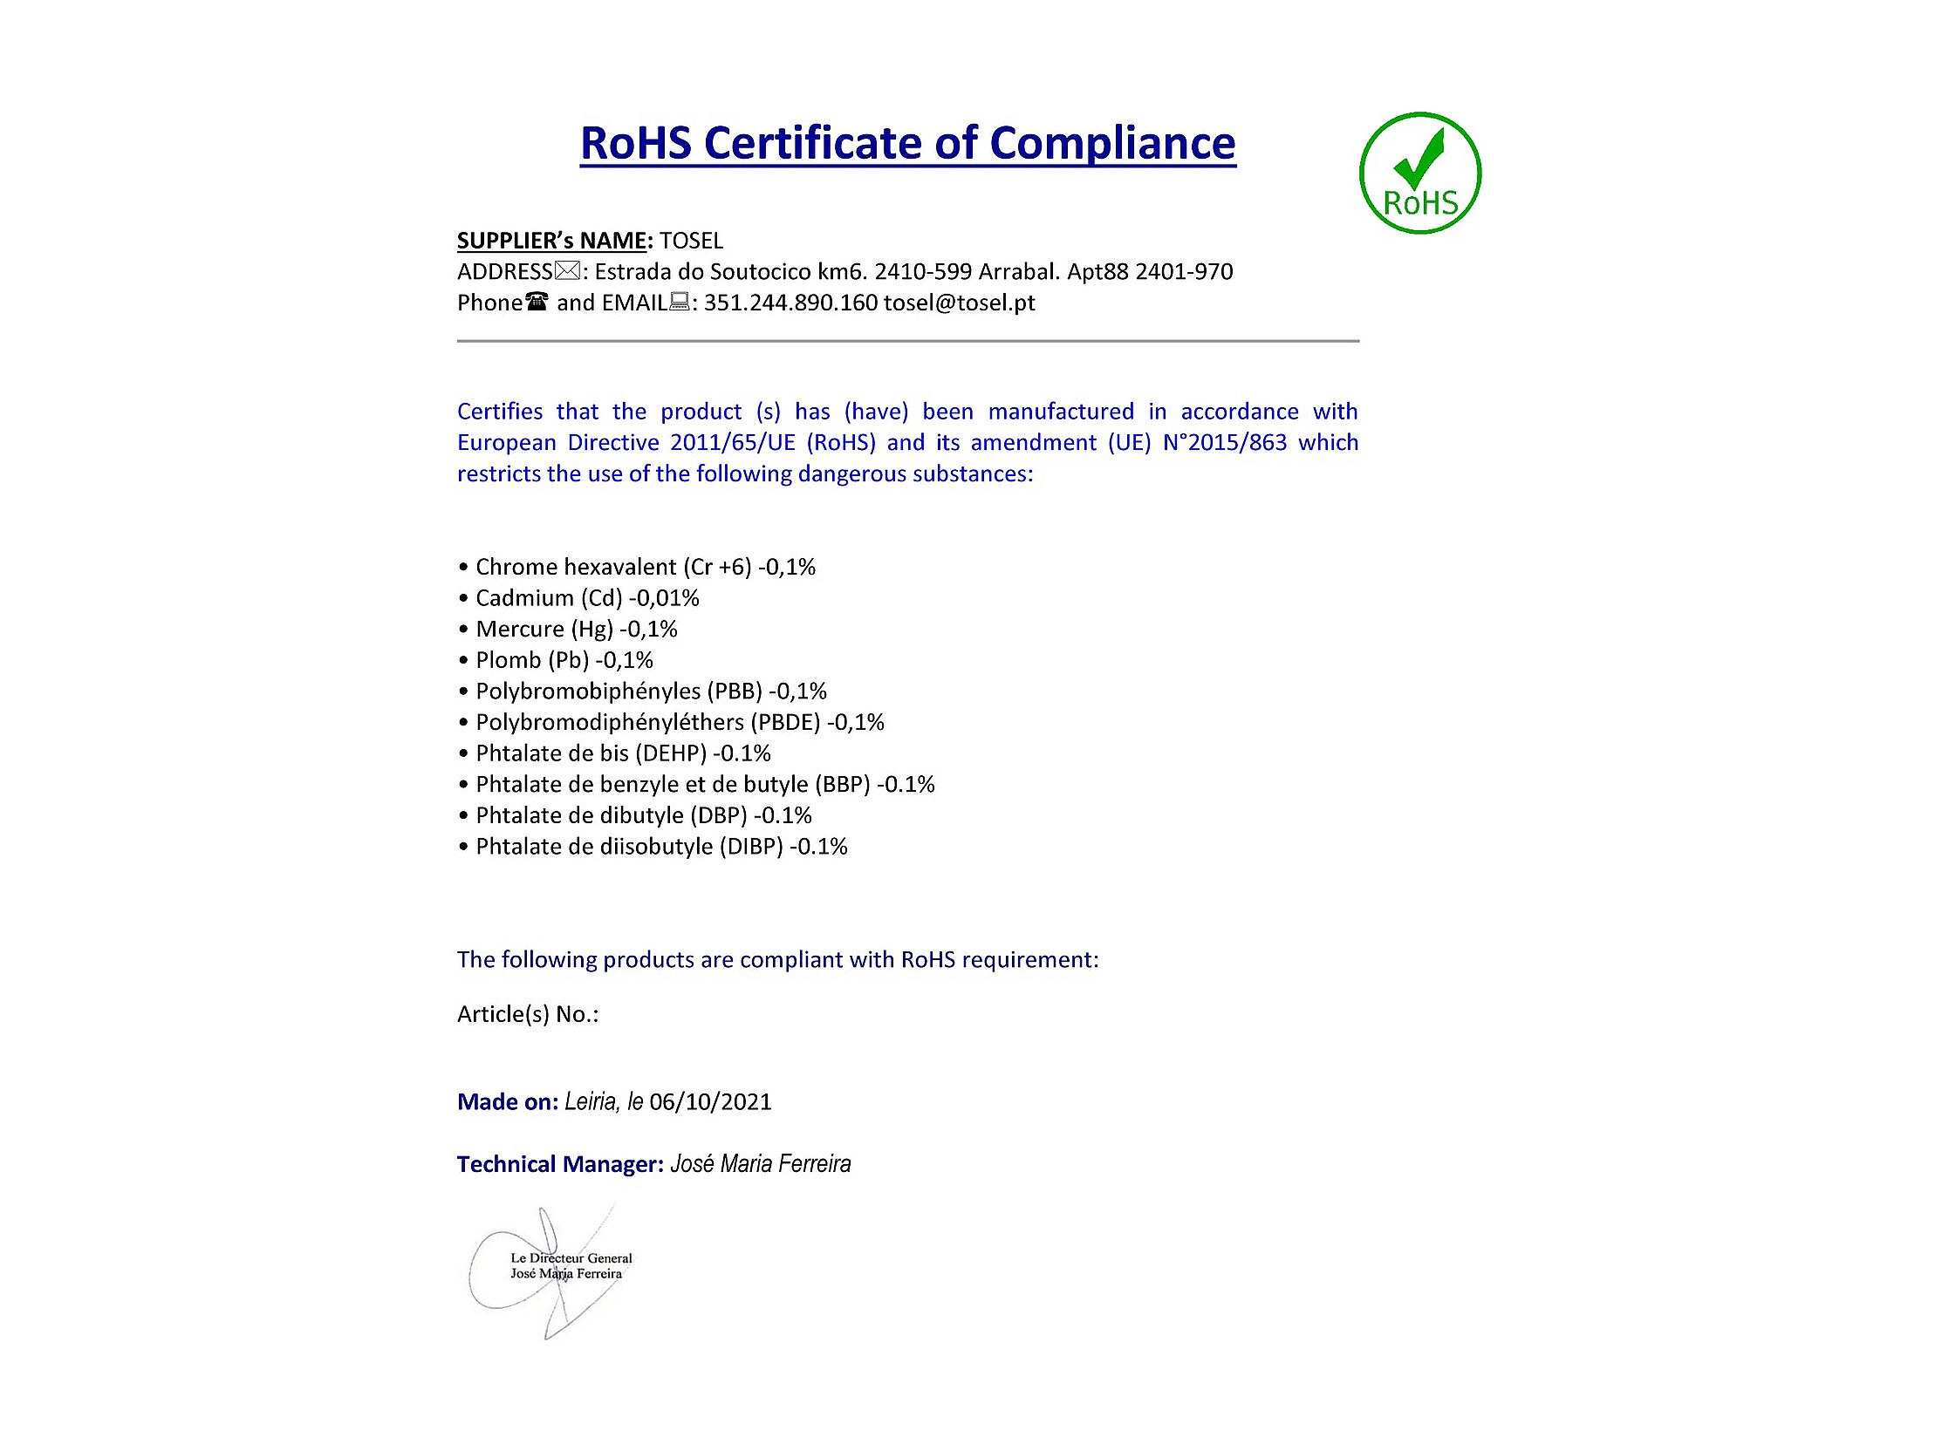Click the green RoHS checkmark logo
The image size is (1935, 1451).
[x=1419, y=174]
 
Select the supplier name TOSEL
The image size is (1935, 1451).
[x=691, y=241]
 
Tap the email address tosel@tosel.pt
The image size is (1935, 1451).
[x=959, y=303]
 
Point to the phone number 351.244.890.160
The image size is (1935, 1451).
[x=790, y=303]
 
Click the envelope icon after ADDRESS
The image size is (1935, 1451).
[x=567, y=272]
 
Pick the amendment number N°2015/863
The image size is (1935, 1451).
[x=1225, y=443]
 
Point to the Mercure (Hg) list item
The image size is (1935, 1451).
[x=576, y=629]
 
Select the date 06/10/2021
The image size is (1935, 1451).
[x=710, y=1102]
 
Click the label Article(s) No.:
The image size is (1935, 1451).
[x=528, y=1014]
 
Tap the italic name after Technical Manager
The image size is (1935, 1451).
[x=760, y=1164]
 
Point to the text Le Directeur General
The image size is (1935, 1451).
[x=571, y=1258]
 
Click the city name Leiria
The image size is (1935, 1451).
[x=591, y=1102]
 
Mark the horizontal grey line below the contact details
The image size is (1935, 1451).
[x=907, y=341]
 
